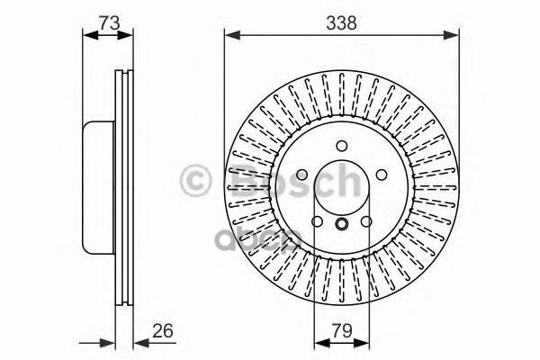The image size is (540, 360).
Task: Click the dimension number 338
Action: click(x=341, y=24)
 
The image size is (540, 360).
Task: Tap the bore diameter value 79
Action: click(x=341, y=330)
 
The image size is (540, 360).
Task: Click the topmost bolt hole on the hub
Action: click(x=341, y=146)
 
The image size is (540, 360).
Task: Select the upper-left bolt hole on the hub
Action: click(x=301, y=175)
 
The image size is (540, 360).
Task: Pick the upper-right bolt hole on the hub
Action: click(x=381, y=175)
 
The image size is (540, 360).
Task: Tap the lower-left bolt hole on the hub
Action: click(x=316, y=221)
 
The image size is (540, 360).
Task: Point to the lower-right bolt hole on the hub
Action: click(x=366, y=221)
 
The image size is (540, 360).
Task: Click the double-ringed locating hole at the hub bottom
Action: click(x=341, y=226)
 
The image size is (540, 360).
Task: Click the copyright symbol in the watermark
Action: click(x=197, y=181)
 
